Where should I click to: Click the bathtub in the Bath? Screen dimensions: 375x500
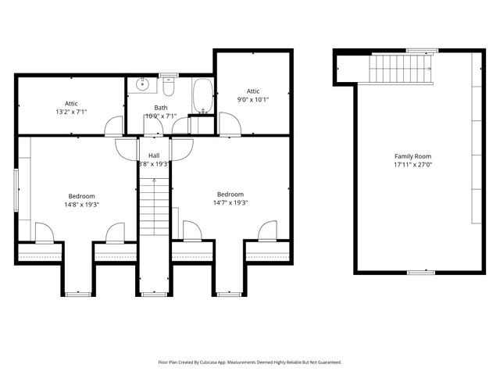pyautogui.click(x=202, y=95)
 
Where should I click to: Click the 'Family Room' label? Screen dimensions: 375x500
pyautogui.click(x=412, y=156)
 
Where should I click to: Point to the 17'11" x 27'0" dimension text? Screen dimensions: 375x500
pyautogui.click(x=412, y=165)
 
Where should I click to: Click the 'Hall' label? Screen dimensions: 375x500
pyautogui.click(x=154, y=155)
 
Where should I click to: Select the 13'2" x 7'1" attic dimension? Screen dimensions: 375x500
pyautogui.click(x=71, y=112)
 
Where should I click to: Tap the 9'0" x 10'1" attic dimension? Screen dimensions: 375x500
pyautogui.click(x=253, y=100)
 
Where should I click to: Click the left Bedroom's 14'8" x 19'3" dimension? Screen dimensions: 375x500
pyautogui.click(x=81, y=205)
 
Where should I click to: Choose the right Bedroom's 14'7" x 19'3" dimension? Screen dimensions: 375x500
pyautogui.click(x=230, y=203)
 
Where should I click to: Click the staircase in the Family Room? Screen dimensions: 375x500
pyautogui.click(x=401, y=70)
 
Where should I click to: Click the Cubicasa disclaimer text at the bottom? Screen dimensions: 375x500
pyautogui.click(x=250, y=362)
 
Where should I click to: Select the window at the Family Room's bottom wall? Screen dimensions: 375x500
pyautogui.click(x=421, y=273)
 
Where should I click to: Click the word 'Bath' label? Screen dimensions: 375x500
pyautogui.click(x=160, y=108)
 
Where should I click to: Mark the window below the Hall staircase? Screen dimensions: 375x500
pyautogui.click(x=154, y=295)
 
